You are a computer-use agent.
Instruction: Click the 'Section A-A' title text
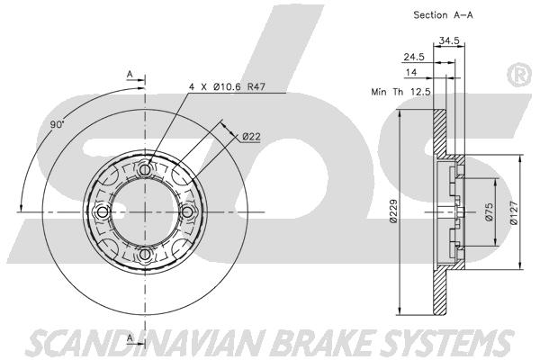point(443,15)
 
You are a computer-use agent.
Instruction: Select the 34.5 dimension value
point(449,40)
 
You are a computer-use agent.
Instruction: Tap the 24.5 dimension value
point(414,58)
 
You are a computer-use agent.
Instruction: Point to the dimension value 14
point(411,72)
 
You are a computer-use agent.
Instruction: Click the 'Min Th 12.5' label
point(400,92)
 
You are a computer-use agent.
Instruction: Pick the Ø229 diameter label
point(393,211)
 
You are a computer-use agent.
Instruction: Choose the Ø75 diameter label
point(489,211)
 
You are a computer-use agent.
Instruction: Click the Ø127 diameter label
point(514,213)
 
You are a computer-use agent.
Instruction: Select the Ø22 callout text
point(251,137)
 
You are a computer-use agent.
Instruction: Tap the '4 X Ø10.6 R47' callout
point(228,86)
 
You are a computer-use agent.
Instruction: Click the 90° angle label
point(58,124)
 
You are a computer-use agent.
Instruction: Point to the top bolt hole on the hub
point(145,169)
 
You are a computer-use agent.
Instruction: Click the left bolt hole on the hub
point(103,212)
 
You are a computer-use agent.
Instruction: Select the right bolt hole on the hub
point(188,212)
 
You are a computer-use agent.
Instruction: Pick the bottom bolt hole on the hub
point(145,255)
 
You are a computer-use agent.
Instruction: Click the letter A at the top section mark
point(130,74)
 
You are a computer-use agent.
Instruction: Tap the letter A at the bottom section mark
point(130,338)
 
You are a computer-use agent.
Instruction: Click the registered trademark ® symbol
point(519,76)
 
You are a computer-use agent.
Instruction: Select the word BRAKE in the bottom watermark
point(326,343)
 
